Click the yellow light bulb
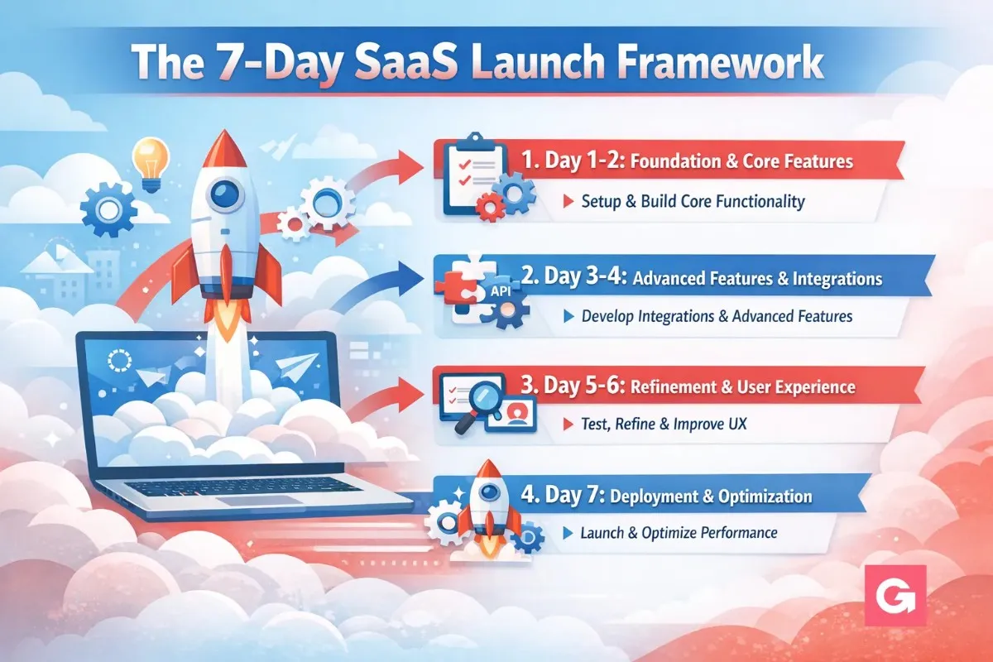(x=151, y=165)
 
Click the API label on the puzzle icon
(x=501, y=291)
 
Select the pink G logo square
(x=895, y=595)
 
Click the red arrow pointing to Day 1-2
(x=386, y=170)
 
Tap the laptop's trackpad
(x=258, y=501)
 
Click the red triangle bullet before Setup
(x=568, y=201)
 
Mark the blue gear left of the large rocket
(x=108, y=209)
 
